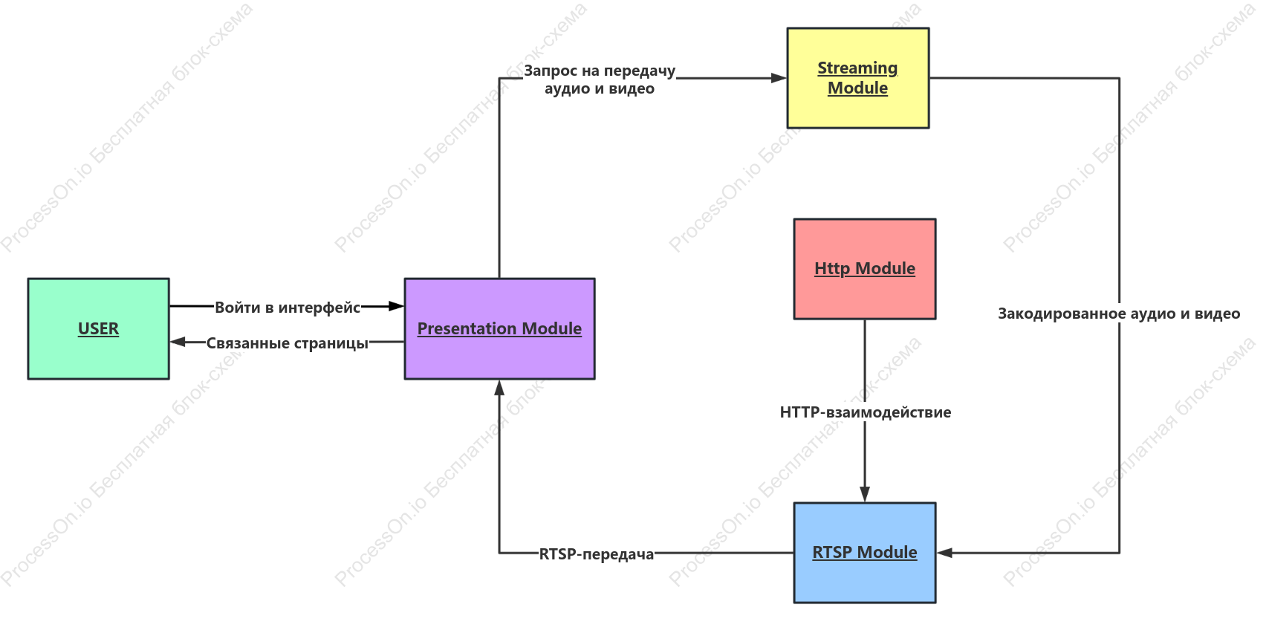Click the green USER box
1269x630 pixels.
click(x=99, y=328)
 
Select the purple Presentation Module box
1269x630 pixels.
click(x=500, y=328)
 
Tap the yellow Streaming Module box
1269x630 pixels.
click(x=857, y=78)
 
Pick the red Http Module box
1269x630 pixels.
click(x=865, y=269)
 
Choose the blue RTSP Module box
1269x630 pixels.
click(x=865, y=553)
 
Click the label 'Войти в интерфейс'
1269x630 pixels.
click(x=288, y=308)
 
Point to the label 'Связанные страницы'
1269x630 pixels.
click(x=288, y=343)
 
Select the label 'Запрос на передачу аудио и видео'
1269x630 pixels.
click(x=600, y=79)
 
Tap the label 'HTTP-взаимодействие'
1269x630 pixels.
click(x=865, y=412)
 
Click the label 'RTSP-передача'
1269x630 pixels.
click(x=596, y=554)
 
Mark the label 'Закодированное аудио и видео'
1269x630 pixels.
click(x=1119, y=314)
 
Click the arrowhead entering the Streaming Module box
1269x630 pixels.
click(x=779, y=78)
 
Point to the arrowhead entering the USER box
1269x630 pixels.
click(x=178, y=342)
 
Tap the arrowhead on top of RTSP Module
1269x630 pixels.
click(x=865, y=494)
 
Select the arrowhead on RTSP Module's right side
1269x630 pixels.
click(x=944, y=553)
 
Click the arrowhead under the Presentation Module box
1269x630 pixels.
click(x=499, y=388)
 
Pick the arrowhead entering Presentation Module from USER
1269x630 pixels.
click(x=396, y=306)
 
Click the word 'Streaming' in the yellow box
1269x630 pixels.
click(x=857, y=68)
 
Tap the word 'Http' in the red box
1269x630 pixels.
click(x=832, y=268)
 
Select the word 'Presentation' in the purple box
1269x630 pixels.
click(x=467, y=328)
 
